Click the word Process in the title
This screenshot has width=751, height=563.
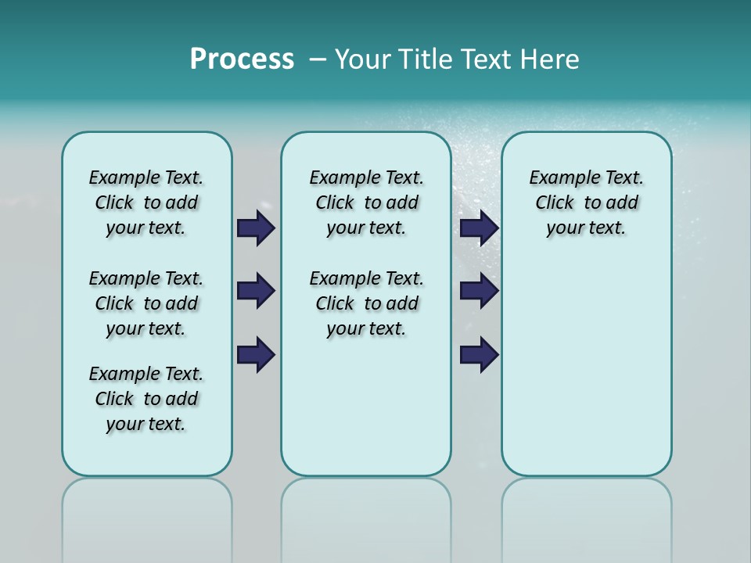point(242,59)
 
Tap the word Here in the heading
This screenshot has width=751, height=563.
point(547,59)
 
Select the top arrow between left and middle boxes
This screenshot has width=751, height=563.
point(255,228)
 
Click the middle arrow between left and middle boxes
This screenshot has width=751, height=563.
point(255,291)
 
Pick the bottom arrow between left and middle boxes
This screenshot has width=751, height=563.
point(255,355)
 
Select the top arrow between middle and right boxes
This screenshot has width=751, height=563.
point(479,228)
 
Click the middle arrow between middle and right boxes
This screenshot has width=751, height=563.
point(479,291)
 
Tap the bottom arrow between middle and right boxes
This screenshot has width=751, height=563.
point(479,355)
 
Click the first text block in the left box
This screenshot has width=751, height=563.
point(146,203)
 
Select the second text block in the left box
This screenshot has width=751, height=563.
point(146,303)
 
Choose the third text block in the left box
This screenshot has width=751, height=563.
point(146,399)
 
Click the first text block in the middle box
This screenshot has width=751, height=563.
point(366,203)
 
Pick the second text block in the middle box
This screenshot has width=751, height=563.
point(366,303)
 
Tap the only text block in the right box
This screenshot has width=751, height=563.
point(586,203)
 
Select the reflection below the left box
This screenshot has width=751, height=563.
point(147,516)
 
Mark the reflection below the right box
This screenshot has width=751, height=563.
point(586,516)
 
